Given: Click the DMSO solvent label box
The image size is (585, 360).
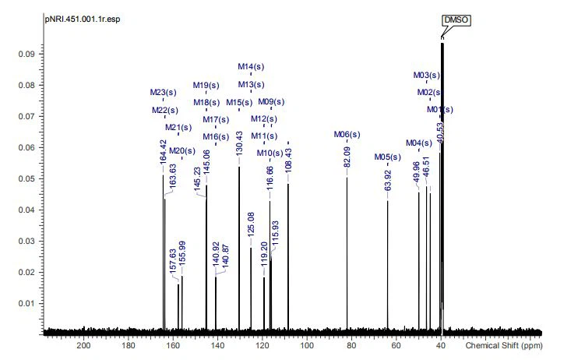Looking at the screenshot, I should [x=456, y=20].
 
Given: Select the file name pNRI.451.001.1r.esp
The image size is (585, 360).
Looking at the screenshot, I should [x=80, y=19].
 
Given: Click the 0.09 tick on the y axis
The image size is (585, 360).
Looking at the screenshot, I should [x=30, y=54].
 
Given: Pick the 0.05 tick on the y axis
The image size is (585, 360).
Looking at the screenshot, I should [x=30, y=178].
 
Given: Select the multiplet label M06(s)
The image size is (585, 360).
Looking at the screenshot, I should [x=347, y=135].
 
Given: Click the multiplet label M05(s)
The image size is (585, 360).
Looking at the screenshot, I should [x=387, y=157].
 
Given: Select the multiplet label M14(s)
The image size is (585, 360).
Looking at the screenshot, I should [x=251, y=66].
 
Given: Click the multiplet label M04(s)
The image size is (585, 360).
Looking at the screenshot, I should [x=419, y=143].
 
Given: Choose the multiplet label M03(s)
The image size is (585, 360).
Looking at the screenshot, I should [x=427, y=76].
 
